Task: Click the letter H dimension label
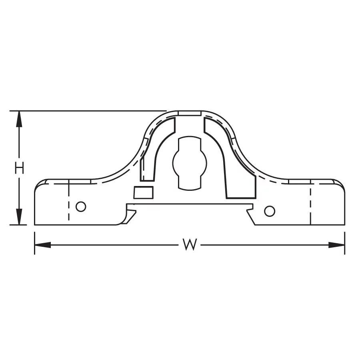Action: click(x=19, y=168)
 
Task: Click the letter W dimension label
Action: click(x=190, y=244)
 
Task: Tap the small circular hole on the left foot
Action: click(x=81, y=207)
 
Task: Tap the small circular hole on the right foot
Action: click(x=270, y=211)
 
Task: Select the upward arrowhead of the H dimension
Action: click(x=19, y=119)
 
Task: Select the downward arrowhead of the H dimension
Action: click(x=19, y=217)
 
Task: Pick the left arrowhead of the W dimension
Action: click(x=42, y=245)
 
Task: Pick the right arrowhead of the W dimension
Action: click(x=336, y=245)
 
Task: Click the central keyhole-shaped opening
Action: click(x=190, y=164)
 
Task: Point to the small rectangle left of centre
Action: click(x=144, y=192)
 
